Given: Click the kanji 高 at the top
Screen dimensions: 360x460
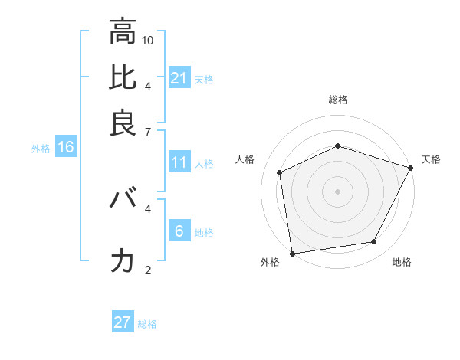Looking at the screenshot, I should point(123,32).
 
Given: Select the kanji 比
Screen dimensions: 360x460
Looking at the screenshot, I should point(123,78).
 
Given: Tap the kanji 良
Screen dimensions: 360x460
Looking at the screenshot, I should point(123,123).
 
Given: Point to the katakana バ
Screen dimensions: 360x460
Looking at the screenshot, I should point(123,201).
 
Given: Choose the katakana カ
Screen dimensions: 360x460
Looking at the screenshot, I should point(123,261).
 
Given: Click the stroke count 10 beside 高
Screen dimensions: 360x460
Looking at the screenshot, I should point(148,40).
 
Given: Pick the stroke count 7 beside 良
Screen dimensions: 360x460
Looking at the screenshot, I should point(148,133).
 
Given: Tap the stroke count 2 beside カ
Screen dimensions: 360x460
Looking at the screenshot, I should point(148,270).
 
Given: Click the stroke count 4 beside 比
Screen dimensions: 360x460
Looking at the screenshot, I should point(148,86).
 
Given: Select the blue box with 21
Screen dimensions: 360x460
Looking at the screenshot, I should point(179,78).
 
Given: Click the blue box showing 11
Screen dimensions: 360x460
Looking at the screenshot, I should point(179,162).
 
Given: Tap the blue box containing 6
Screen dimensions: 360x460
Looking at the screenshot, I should point(179,231).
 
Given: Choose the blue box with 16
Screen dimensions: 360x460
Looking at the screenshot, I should point(65,148).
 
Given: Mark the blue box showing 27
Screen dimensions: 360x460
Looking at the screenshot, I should point(123,322).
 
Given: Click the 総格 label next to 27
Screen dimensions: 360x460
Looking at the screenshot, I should point(147,324).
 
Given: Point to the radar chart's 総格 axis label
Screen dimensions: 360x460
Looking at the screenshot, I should point(337,100).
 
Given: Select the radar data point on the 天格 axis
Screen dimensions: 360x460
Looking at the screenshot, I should point(411,168).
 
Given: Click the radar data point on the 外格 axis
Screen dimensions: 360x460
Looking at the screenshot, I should point(292,253).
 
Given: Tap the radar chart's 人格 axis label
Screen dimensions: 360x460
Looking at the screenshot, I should point(245,159).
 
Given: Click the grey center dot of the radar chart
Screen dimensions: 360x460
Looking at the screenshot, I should point(337,191).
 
